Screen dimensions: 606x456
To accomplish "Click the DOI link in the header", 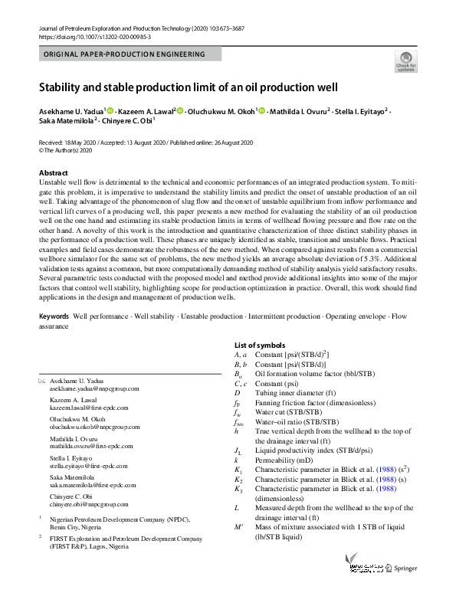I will [x=94, y=36].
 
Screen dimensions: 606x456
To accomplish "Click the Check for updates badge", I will [x=405, y=61].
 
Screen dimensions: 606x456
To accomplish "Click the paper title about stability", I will [x=188, y=87].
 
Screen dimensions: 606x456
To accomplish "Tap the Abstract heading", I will [x=53, y=173].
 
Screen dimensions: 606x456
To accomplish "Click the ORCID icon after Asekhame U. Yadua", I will [x=110, y=111].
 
